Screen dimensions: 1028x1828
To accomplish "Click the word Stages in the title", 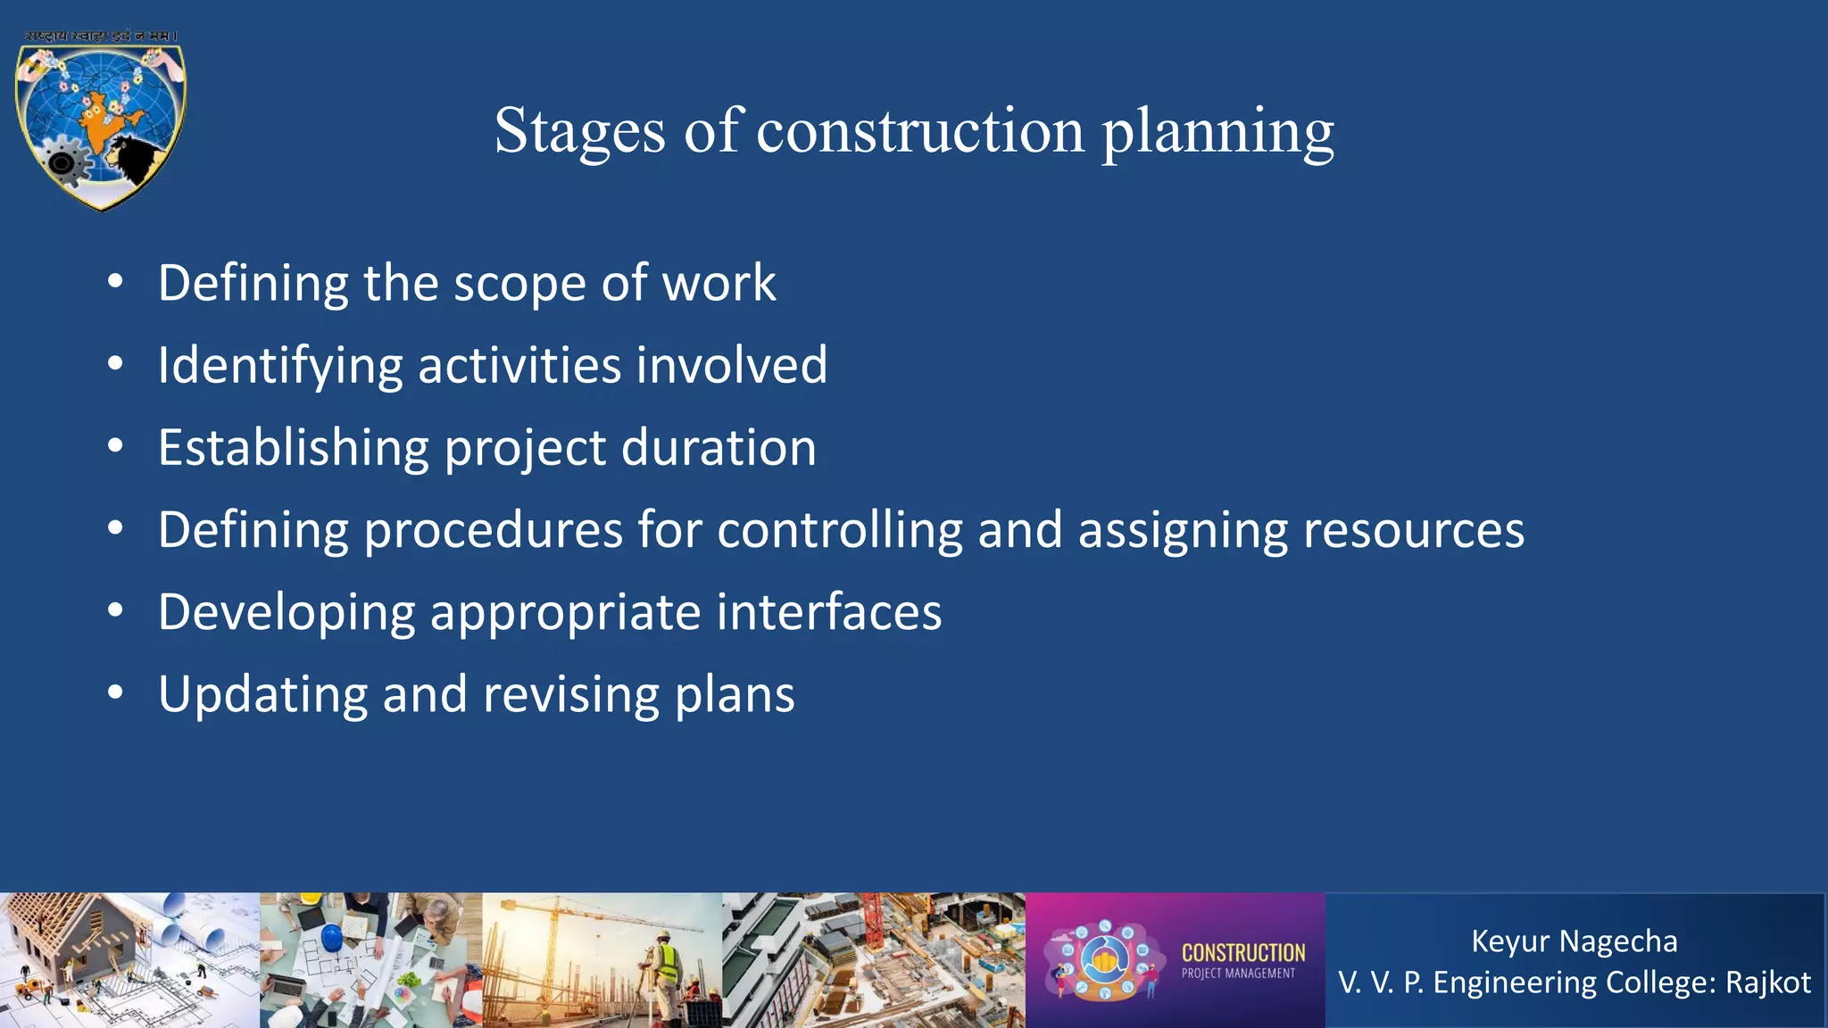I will (579, 131).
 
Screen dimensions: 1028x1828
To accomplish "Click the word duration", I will (719, 448).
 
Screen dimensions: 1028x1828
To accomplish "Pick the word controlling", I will (839, 530).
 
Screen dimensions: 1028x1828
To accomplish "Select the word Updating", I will (262, 694).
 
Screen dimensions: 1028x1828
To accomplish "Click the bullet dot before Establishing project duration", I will (115, 446).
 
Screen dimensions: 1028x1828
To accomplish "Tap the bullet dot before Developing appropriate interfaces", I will (115, 611).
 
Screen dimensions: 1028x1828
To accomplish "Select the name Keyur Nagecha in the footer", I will (1574, 941).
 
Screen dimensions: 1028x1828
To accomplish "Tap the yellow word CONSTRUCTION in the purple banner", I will (1242, 953).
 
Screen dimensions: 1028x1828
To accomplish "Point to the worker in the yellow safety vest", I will (665, 968).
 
